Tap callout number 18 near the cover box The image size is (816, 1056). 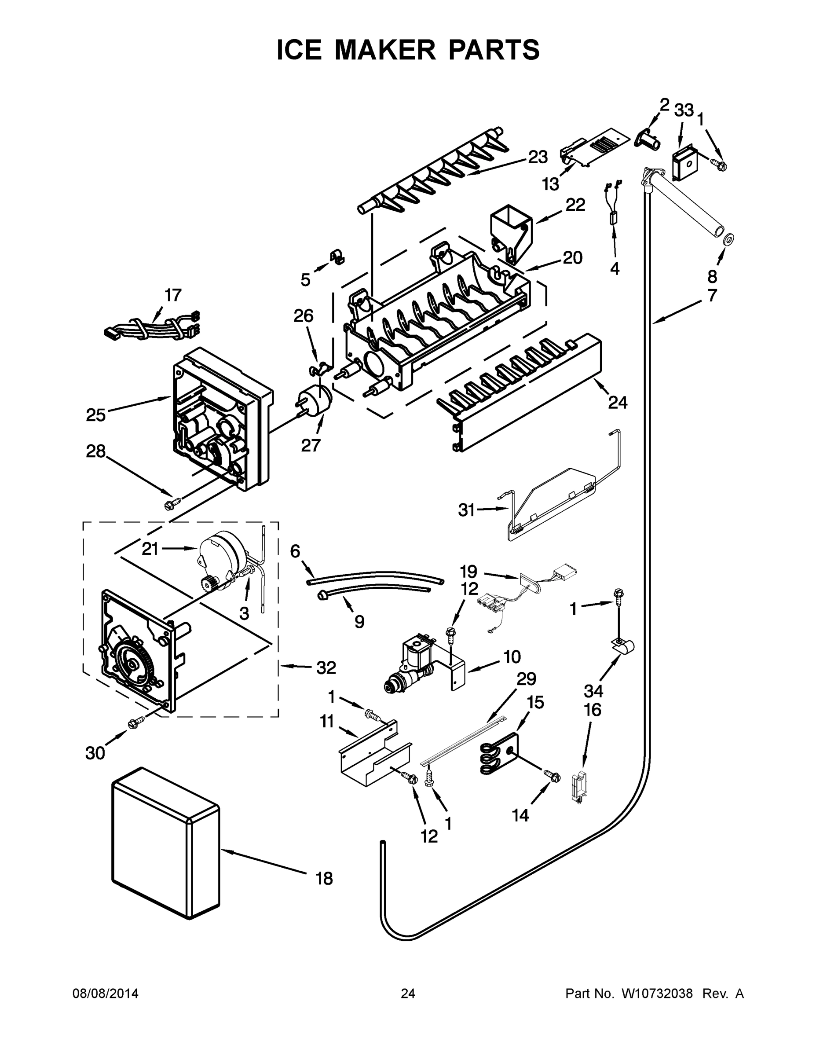pos(324,878)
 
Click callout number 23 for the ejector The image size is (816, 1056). pos(537,157)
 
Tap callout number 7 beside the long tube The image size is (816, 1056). pos(712,295)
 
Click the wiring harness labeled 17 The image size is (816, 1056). pos(150,326)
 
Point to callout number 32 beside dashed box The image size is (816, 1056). pos(326,668)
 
